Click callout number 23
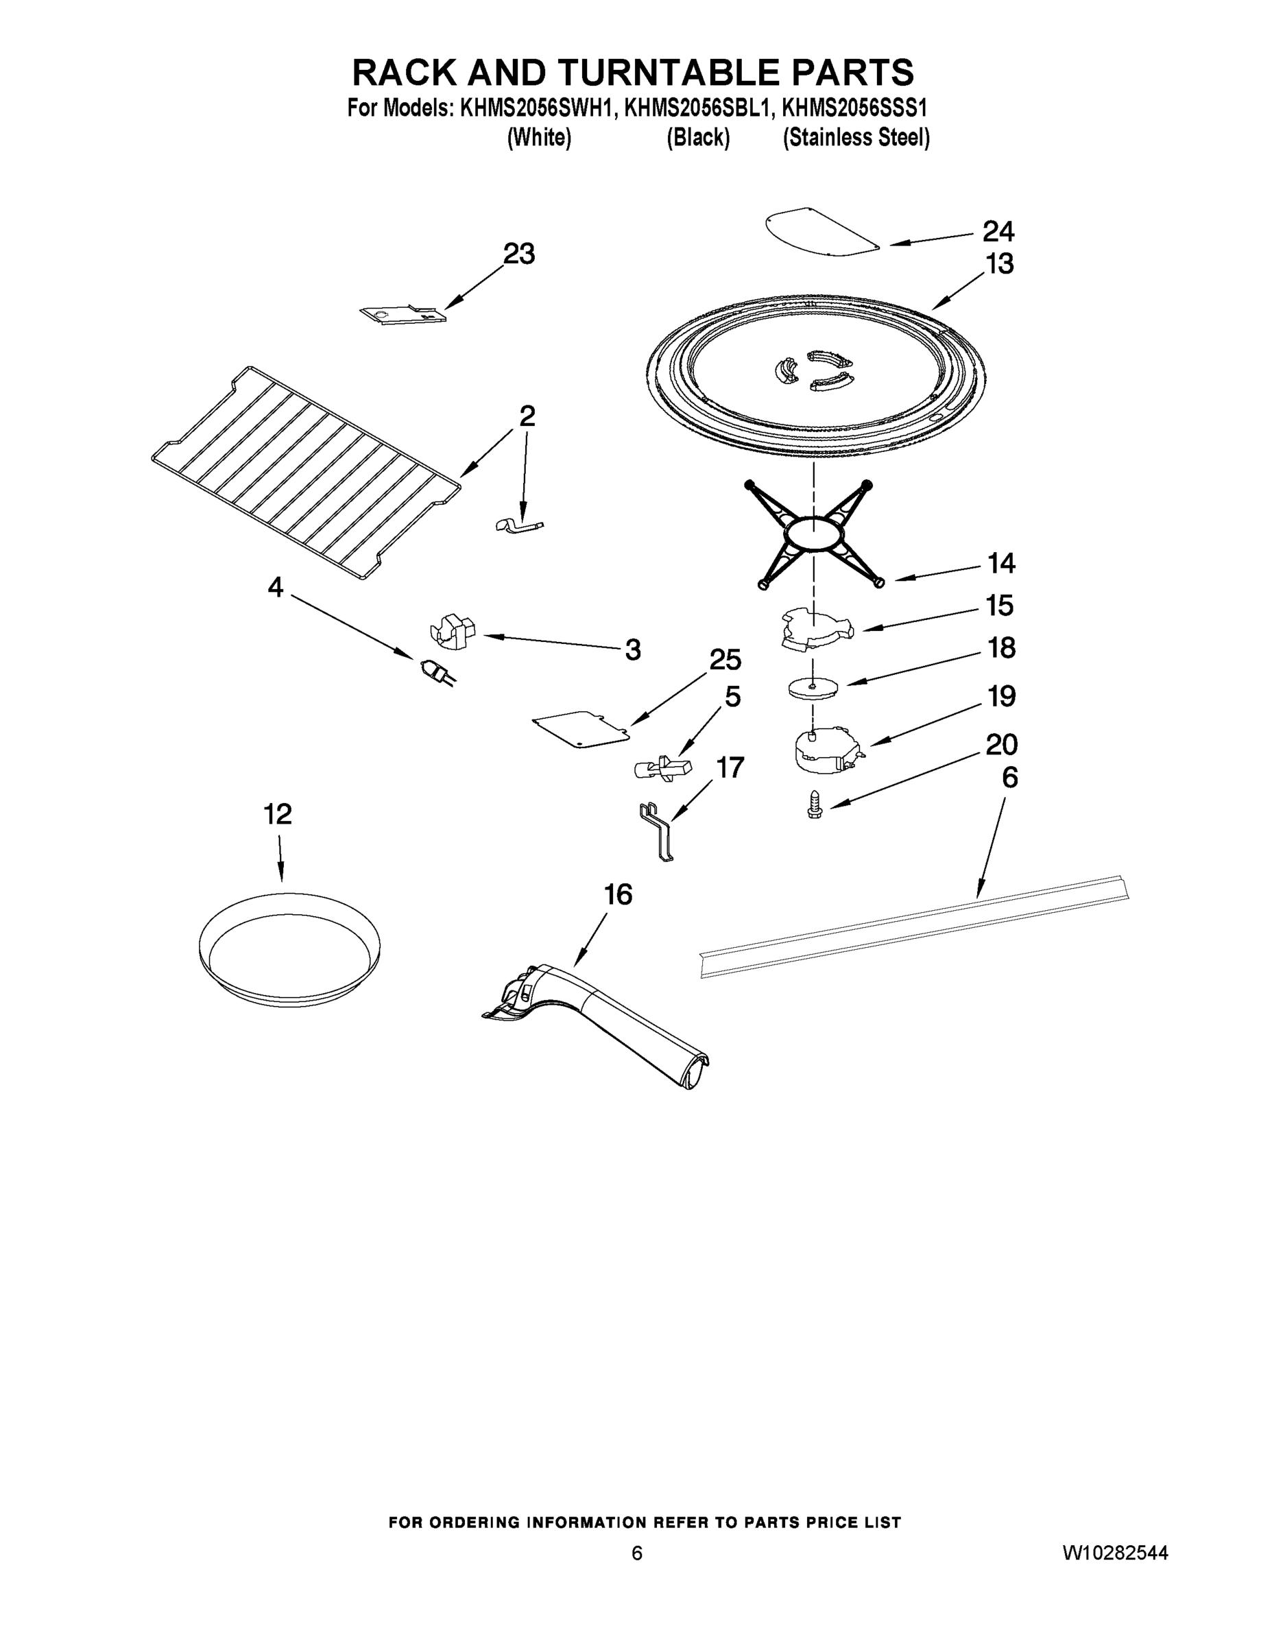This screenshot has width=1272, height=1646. coord(518,254)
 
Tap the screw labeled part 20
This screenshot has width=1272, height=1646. coord(814,804)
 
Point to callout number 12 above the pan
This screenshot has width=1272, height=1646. coord(277,814)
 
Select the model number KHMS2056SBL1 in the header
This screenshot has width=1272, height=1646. coord(698,108)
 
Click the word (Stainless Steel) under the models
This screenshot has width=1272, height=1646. coord(855,139)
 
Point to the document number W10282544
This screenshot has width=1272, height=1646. coord(1115,1553)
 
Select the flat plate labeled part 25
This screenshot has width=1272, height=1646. coord(580,729)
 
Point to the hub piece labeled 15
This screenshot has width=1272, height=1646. coord(814,630)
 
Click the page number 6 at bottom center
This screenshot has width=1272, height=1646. coord(637,1553)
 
